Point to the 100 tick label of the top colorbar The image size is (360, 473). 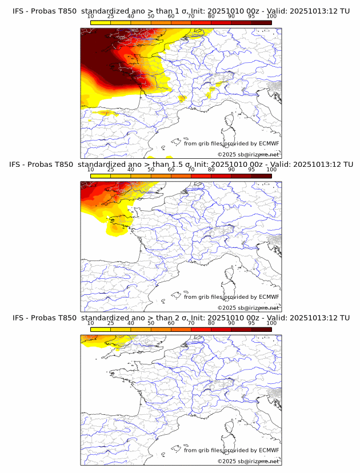point(271,17)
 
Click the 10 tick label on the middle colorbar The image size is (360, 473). point(90,170)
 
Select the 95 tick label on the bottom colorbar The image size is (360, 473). point(251,323)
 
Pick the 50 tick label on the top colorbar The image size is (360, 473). point(151,17)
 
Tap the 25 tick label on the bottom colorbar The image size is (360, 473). point(110,323)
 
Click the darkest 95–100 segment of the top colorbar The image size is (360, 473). point(262,22)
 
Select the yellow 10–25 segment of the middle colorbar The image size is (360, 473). point(101,176)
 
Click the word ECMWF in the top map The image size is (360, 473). point(269,143)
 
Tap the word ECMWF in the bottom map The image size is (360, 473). point(269,450)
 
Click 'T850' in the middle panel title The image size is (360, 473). point(63,165)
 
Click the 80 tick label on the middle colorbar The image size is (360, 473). point(211,170)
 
